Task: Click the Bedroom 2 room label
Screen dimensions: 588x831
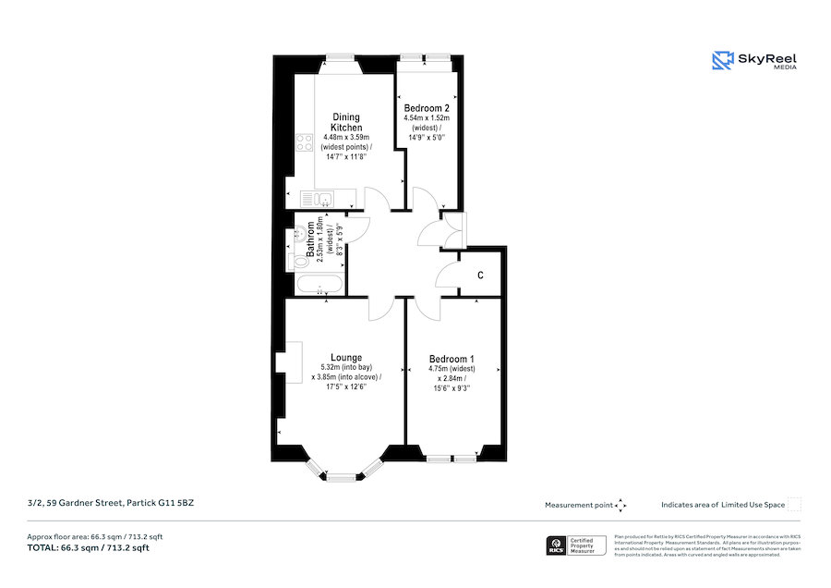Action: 426,108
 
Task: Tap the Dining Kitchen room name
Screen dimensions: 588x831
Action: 347,122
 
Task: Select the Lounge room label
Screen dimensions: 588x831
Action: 346,358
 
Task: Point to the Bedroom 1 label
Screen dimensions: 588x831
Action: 452,359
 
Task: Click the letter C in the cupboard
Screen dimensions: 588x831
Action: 480,276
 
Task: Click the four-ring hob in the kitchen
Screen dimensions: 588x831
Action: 303,142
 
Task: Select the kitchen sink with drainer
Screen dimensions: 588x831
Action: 319,200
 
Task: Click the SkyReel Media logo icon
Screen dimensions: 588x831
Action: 721,61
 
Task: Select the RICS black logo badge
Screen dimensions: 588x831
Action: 557,545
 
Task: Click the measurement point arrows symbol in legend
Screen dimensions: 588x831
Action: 620,505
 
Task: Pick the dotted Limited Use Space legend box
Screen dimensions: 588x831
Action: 794,505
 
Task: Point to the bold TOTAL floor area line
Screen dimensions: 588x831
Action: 88,548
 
